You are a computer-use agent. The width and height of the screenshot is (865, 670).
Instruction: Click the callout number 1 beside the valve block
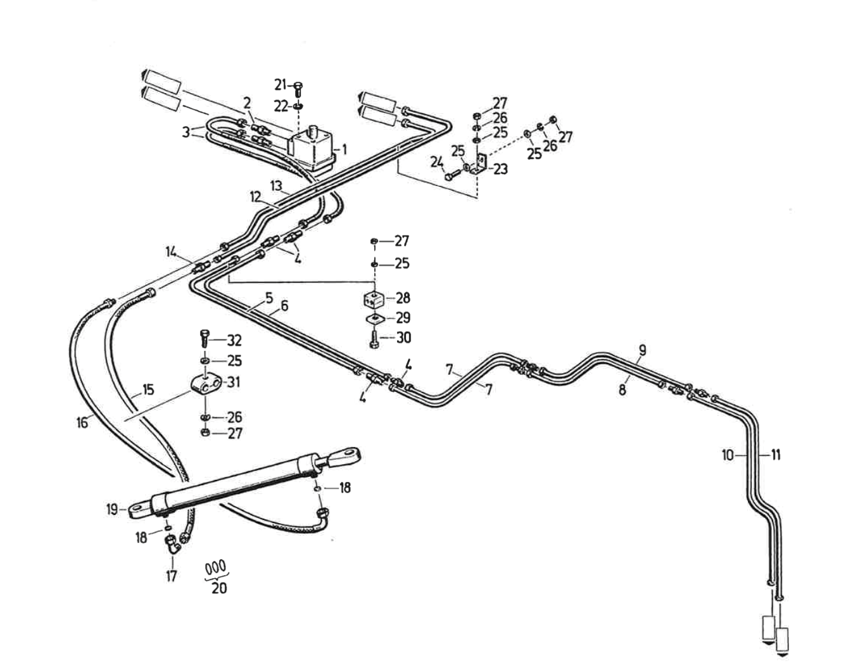[x=344, y=150]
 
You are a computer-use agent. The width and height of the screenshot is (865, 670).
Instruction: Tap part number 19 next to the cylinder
[x=112, y=509]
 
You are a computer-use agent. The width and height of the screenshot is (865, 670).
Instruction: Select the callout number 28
[x=403, y=298]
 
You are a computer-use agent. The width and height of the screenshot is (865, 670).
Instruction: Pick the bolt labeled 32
[x=204, y=339]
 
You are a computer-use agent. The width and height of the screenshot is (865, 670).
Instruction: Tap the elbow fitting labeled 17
[x=172, y=544]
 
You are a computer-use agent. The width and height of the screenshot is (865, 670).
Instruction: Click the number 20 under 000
[x=219, y=588]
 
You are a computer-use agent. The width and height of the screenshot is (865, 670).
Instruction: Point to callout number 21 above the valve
[x=281, y=84]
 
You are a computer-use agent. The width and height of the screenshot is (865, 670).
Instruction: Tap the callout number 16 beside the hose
[x=82, y=422]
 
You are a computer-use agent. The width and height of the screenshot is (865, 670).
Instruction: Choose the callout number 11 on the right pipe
[x=776, y=454]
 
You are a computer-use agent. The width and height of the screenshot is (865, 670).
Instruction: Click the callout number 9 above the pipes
[x=642, y=350]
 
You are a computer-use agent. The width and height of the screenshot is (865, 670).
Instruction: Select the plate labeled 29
[x=375, y=319]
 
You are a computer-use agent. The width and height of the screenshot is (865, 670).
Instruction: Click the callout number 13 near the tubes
[x=276, y=186]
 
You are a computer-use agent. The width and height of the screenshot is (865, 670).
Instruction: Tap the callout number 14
[x=171, y=251]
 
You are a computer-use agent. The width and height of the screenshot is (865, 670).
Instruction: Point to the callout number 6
[x=284, y=306]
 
